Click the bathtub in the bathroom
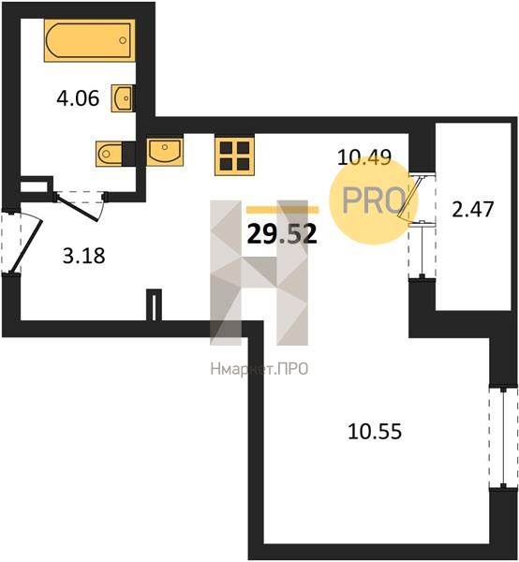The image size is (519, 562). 90,40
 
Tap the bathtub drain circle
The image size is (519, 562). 123,40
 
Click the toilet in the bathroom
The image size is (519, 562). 110,154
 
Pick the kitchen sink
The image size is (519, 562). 165,152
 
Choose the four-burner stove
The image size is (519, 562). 234,155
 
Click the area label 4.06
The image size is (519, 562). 78,98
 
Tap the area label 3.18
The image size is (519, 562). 84,256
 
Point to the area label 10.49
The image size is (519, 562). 364,157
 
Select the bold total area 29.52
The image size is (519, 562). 282,233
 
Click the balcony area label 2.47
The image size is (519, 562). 473,209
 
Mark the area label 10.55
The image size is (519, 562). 375,431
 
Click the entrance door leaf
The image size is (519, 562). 27,245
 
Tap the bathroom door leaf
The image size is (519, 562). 78,208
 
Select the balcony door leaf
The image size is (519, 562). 409,198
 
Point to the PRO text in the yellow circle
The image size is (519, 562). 374,200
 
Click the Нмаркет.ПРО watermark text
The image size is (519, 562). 259,369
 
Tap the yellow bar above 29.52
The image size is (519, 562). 282,210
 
